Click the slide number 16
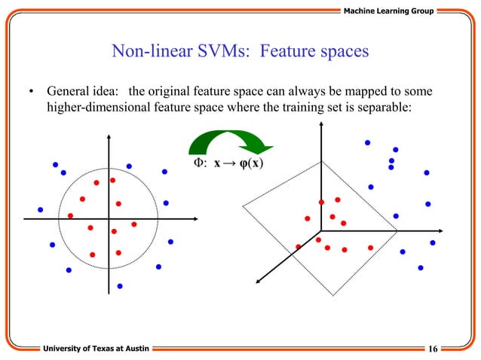click(x=433, y=347)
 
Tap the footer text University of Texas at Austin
click(x=95, y=347)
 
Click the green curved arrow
click(x=229, y=146)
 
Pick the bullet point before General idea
click(x=32, y=93)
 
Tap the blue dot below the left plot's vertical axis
click(x=120, y=286)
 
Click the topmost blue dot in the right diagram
click(x=367, y=142)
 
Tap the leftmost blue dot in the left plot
click(x=41, y=209)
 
